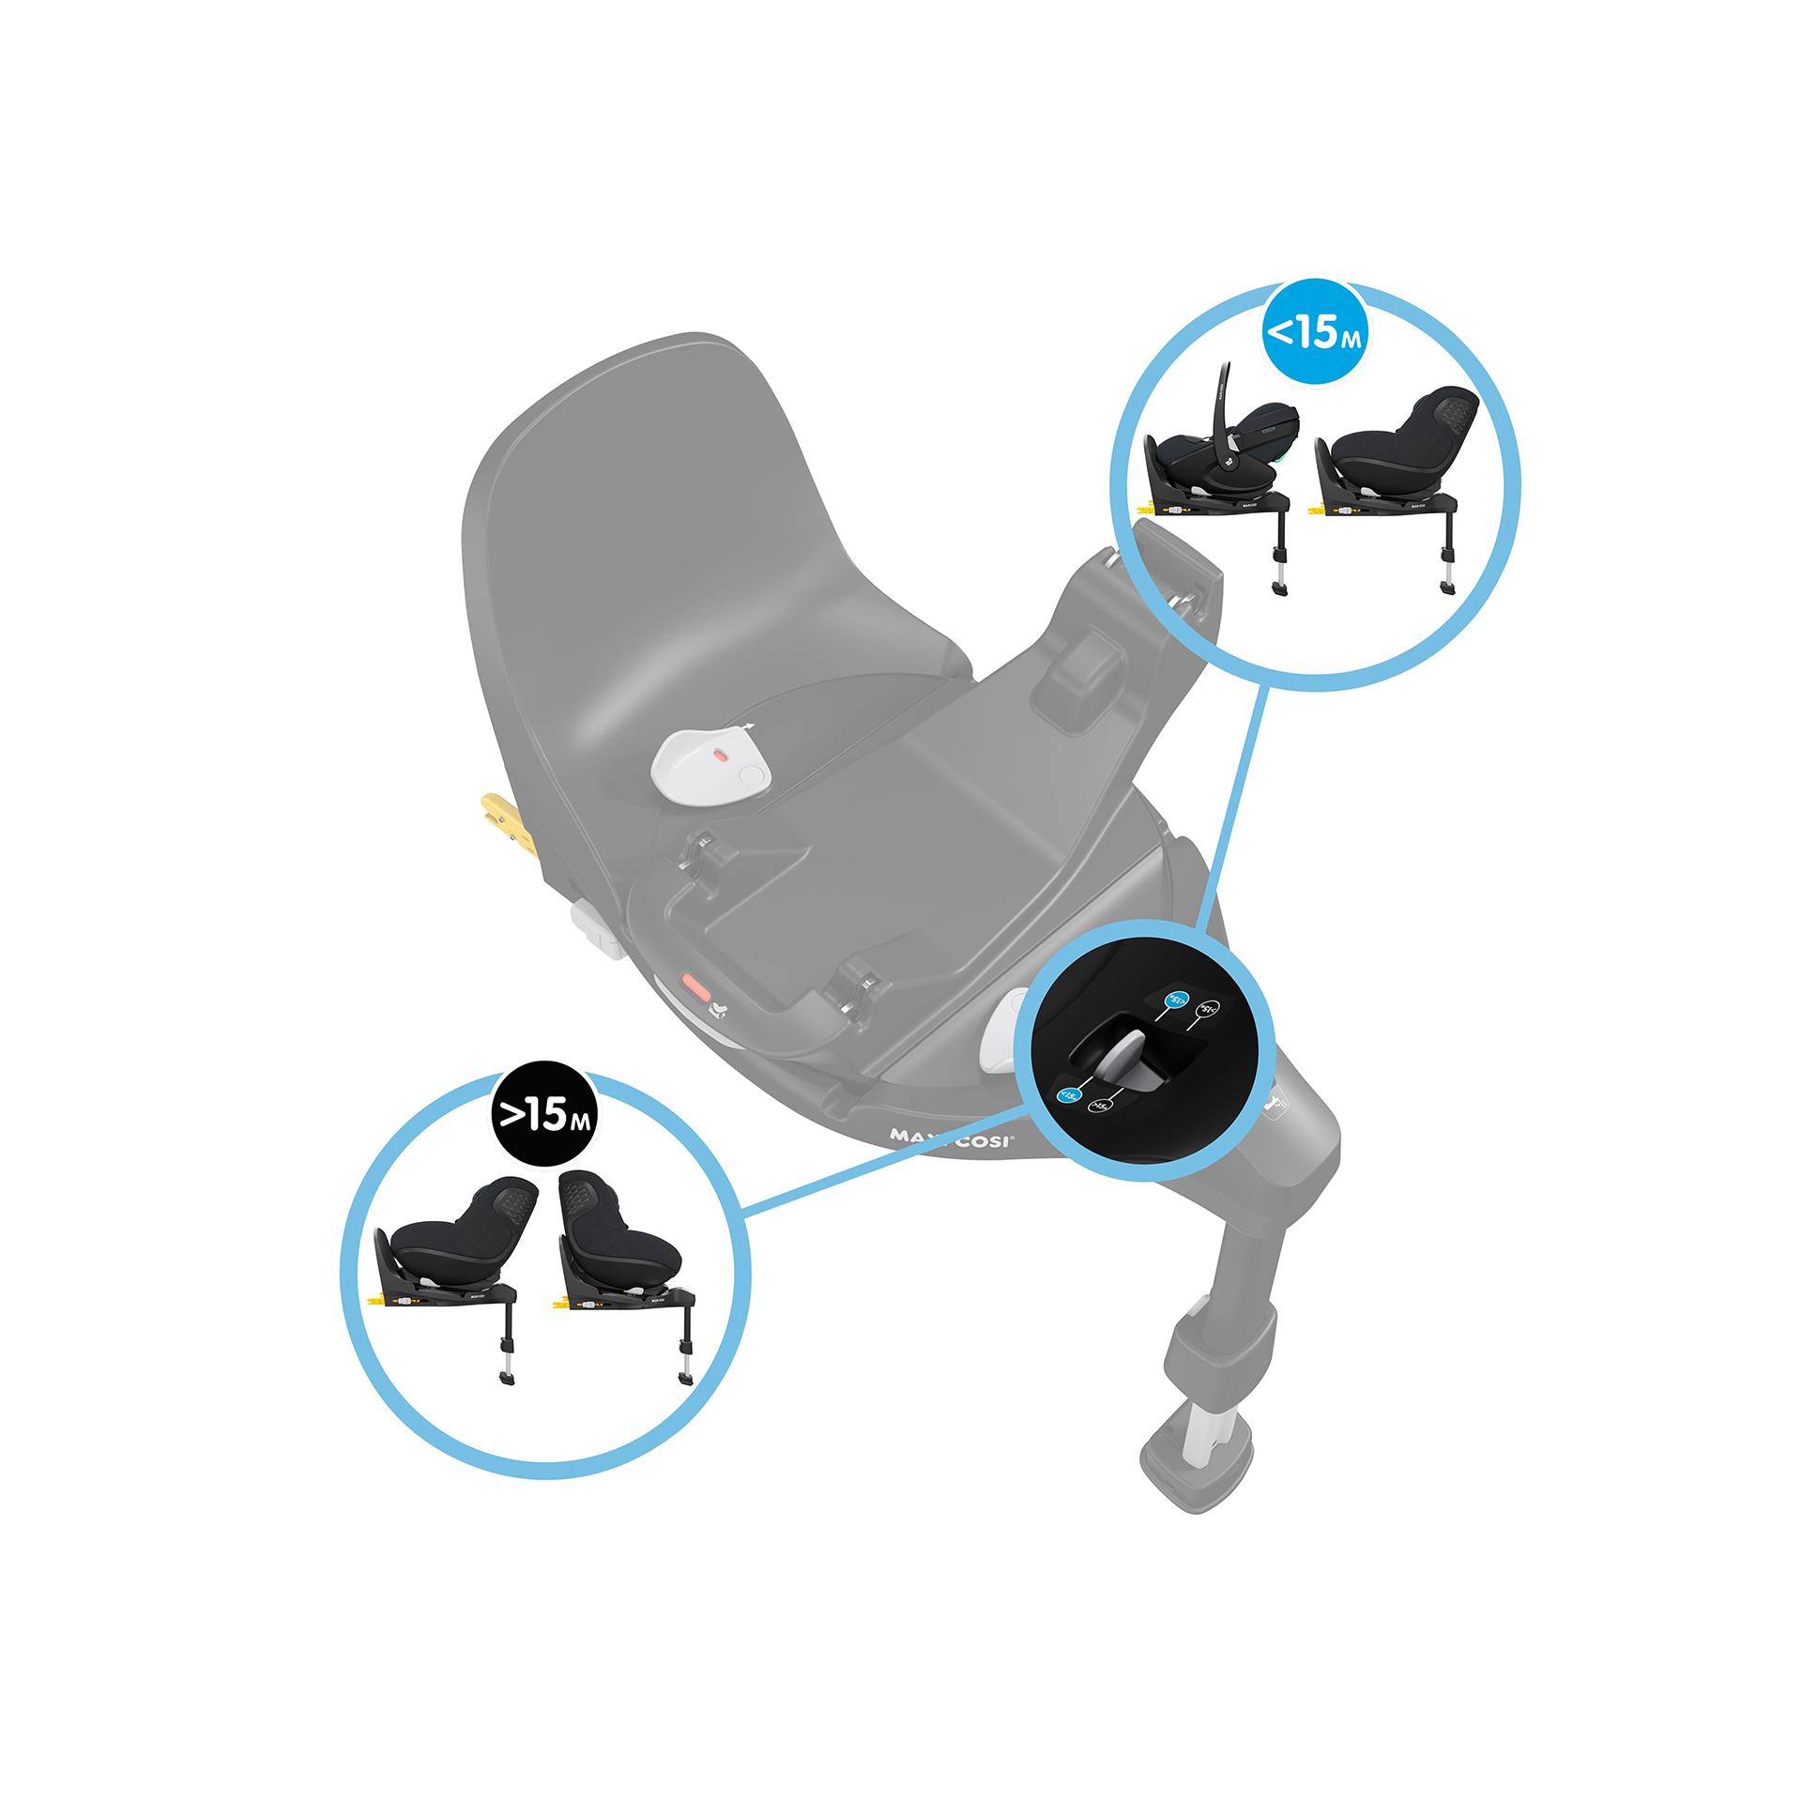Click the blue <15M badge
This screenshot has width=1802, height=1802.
(x=1315, y=331)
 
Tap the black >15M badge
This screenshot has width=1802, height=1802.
(x=545, y=1114)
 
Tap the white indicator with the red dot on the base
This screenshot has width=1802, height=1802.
(x=710, y=764)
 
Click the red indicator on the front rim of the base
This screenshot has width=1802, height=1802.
(x=695, y=987)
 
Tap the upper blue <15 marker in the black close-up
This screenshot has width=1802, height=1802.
(x=1175, y=1000)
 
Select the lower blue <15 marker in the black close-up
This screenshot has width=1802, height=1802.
(x=1070, y=1094)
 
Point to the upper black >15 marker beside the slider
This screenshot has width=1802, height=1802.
(x=1208, y=1010)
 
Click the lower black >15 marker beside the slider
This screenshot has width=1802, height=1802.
(x=1099, y=1106)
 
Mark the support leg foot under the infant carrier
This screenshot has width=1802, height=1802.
(x=1279, y=588)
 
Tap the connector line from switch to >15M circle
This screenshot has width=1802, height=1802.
(x=882, y=1160)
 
